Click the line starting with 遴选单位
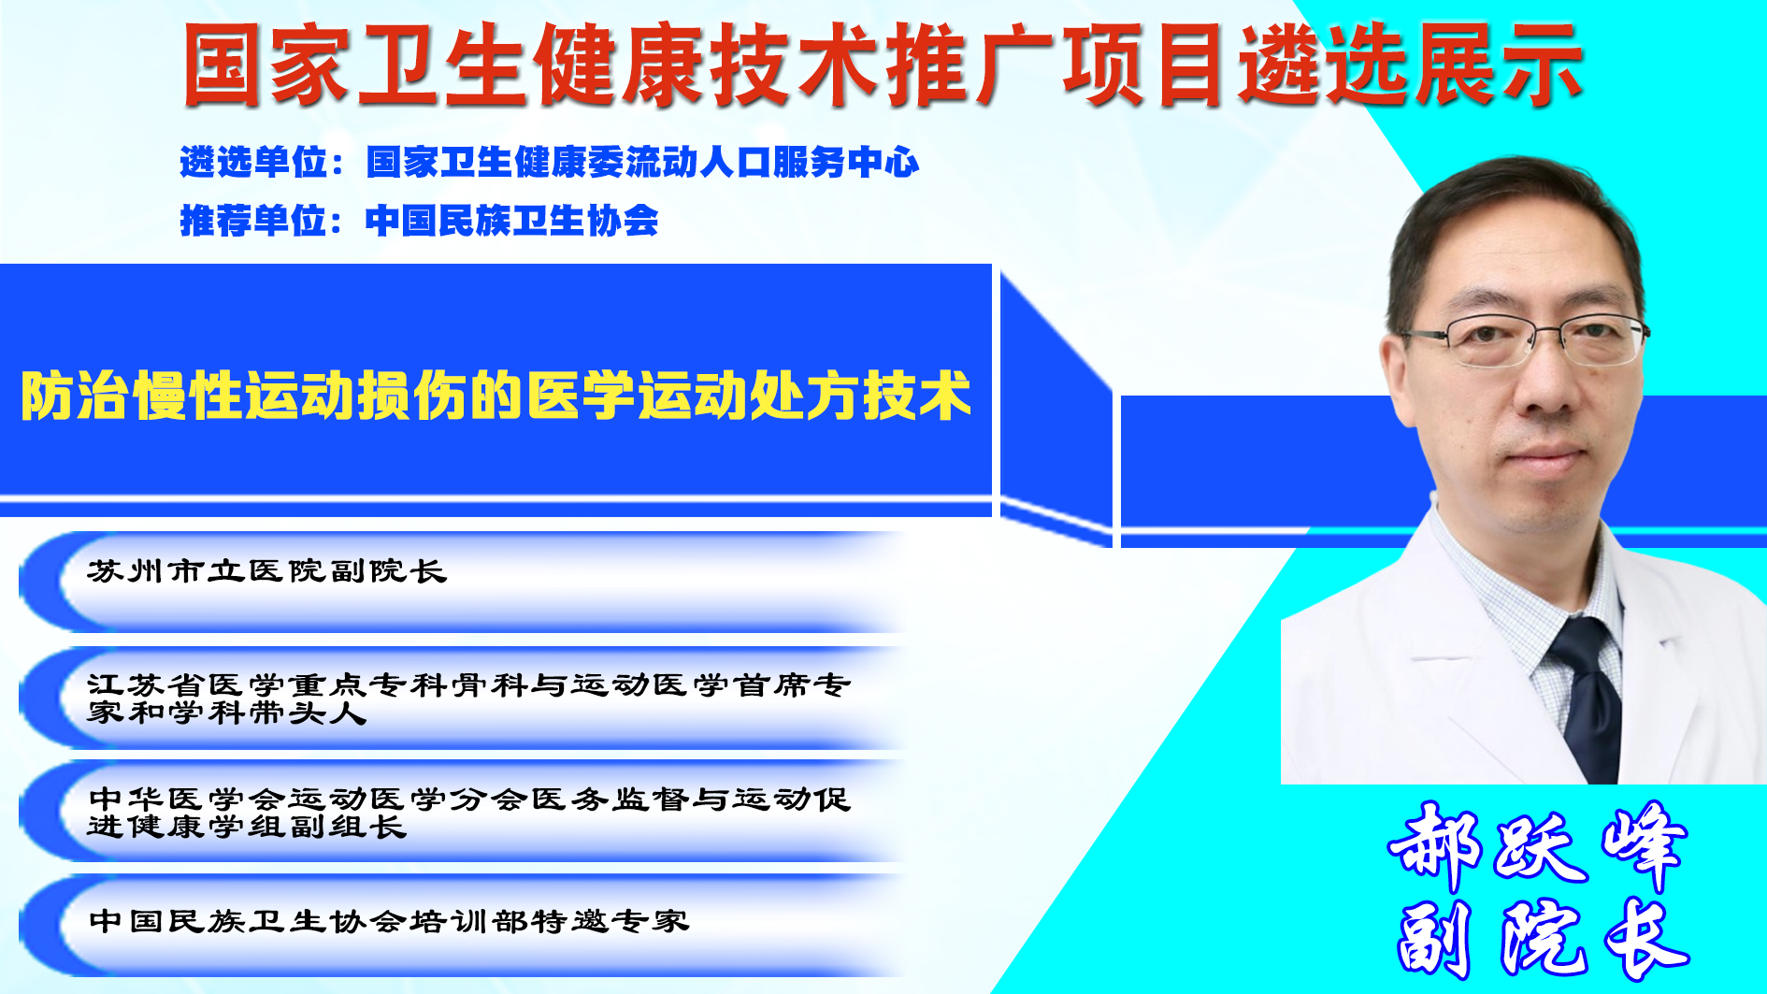pos(550,163)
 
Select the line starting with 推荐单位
pos(419,221)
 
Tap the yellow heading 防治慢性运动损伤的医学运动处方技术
pos(496,396)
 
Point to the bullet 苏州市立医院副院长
pos(267,570)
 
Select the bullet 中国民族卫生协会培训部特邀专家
pos(389,921)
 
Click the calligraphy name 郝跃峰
pos(1538,844)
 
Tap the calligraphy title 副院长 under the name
pos(1543,938)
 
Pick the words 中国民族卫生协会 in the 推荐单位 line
pos(512,221)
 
